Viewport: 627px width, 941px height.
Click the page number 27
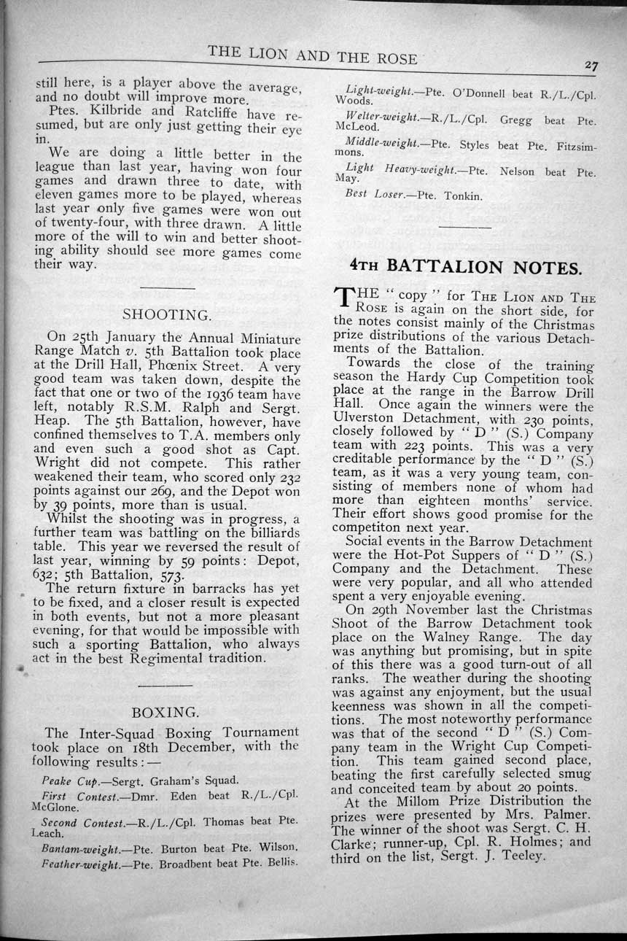point(591,66)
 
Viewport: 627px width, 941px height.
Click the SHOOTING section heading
point(167,315)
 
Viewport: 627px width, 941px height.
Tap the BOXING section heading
point(164,711)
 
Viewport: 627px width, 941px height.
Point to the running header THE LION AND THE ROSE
point(313,53)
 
